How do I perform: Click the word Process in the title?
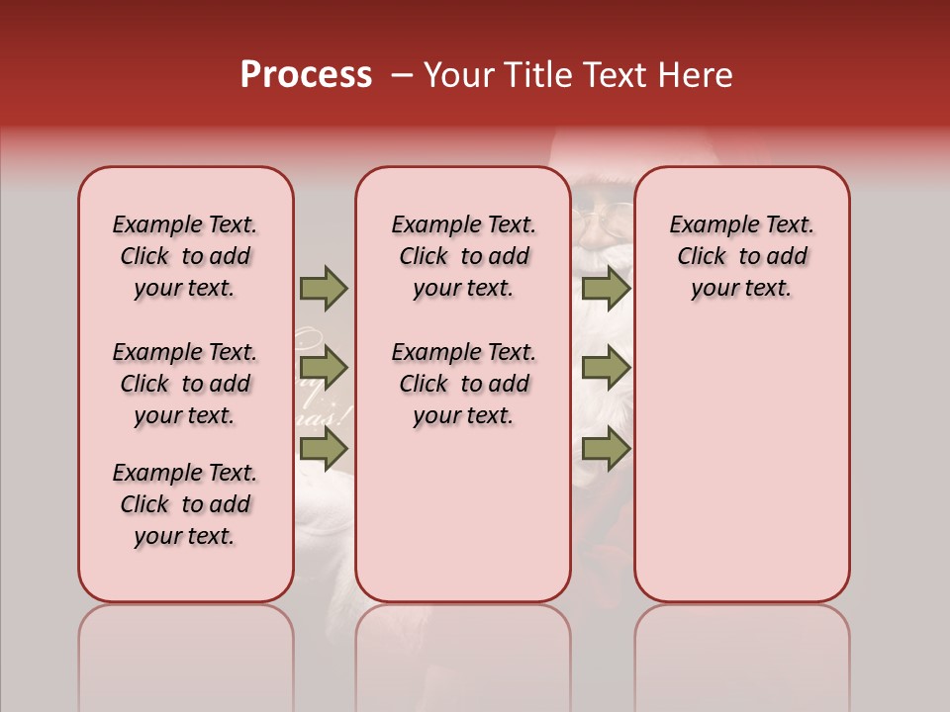(x=306, y=75)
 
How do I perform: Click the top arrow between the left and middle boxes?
(x=324, y=289)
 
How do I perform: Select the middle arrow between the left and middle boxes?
(x=324, y=369)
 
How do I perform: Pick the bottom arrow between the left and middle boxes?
(x=324, y=449)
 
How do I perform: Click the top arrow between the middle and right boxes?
(x=606, y=289)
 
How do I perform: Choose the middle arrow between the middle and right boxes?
(x=606, y=369)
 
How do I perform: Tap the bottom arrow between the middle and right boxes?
(x=606, y=449)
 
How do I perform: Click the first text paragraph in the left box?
(x=185, y=256)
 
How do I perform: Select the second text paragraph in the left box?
(x=185, y=384)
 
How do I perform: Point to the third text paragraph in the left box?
(x=185, y=504)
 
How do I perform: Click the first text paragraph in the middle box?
(x=463, y=256)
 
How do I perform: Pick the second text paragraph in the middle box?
(x=463, y=384)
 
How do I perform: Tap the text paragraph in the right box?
(x=742, y=256)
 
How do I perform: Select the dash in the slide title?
(x=401, y=75)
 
